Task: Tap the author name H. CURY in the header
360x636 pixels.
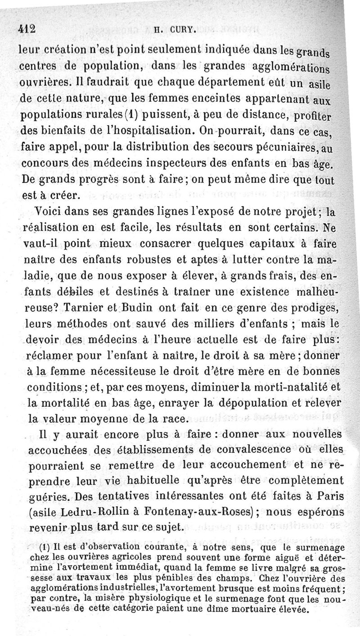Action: (x=169, y=31)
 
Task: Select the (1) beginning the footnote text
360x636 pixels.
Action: (x=44, y=548)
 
